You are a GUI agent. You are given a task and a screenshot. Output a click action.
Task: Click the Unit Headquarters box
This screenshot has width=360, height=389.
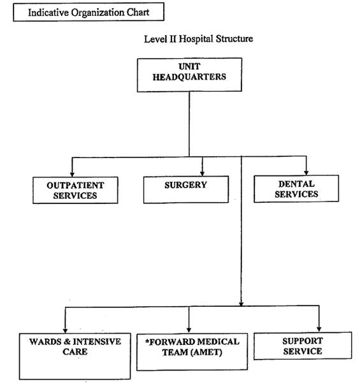click(189, 75)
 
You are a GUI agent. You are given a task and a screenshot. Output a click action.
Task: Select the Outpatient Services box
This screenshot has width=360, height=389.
click(75, 190)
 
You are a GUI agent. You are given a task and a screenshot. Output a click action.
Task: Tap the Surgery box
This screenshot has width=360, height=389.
click(186, 189)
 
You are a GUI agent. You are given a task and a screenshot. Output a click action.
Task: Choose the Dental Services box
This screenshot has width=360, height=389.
click(296, 189)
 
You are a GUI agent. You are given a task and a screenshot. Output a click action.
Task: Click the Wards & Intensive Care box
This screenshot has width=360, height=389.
click(75, 356)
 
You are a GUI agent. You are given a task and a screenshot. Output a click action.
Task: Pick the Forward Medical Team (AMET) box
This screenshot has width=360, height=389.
click(192, 352)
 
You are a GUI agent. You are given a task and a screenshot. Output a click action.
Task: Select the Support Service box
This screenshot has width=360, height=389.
click(303, 346)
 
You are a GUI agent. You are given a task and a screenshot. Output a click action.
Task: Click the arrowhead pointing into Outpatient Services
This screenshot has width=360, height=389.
click(72, 174)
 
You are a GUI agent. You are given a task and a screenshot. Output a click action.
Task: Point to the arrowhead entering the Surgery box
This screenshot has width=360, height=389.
click(203, 173)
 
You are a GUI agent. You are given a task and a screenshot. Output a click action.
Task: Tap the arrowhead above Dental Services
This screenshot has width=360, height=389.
click(306, 172)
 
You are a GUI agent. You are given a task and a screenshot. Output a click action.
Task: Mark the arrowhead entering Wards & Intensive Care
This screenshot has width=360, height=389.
click(65, 330)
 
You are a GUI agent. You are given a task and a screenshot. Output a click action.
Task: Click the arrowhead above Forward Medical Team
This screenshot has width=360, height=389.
click(189, 330)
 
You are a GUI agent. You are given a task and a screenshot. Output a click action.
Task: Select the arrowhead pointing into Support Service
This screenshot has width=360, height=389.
click(319, 329)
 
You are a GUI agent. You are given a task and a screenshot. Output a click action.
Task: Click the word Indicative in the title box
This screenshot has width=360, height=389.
click(48, 13)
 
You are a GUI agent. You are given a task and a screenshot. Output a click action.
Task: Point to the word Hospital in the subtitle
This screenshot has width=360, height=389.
click(196, 39)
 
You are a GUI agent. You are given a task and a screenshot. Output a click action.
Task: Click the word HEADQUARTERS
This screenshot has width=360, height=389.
click(189, 77)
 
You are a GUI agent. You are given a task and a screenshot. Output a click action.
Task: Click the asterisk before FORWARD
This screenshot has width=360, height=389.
click(147, 341)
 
